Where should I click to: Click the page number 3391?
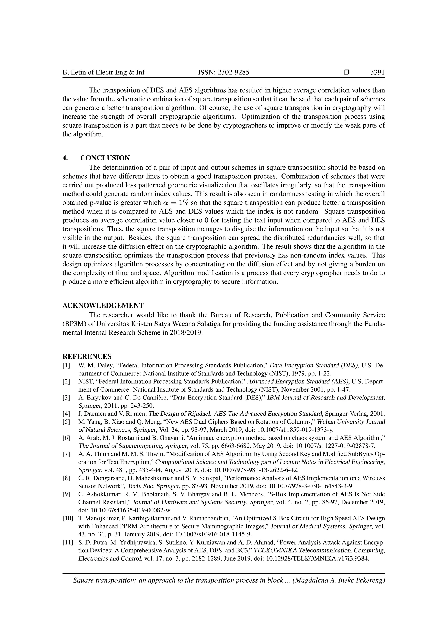[x=377, y=72]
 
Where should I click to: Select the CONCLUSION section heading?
[x=105, y=158]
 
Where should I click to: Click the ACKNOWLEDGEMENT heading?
[x=103, y=306]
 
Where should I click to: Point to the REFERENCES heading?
[x=87, y=356]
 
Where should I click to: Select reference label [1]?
[x=66, y=366]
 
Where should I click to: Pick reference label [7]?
[x=66, y=454]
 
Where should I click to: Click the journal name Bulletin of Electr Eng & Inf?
[x=104, y=72]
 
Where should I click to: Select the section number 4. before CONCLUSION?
[x=65, y=158]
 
